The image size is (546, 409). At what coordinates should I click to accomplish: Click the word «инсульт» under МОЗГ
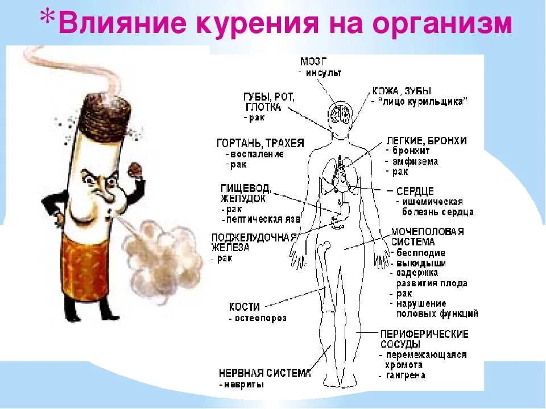pos(323,73)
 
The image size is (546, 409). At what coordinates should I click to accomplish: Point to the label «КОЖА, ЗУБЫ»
pos(402,90)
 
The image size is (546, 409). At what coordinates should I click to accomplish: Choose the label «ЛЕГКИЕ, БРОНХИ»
pos(426,140)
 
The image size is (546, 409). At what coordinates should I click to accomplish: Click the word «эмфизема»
pos(415,161)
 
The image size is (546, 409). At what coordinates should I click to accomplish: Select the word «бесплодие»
pos(421,253)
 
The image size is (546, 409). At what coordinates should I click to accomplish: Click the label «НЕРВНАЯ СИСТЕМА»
pos(264,373)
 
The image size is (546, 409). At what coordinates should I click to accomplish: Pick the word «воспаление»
pos(257,154)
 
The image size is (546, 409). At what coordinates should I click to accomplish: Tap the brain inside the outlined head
pos(340,112)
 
